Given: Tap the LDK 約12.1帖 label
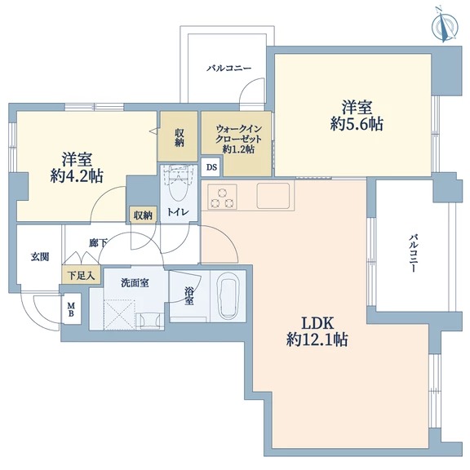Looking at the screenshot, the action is [x=317, y=331].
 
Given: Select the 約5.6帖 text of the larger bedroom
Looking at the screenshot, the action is [x=357, y=123].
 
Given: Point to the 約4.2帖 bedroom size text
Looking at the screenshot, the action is [x=77, y=176].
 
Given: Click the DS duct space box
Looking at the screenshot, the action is [x=212, y=167].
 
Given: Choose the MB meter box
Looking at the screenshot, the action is [x=71, y=309].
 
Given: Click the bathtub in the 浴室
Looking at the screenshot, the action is [x=228, y=296].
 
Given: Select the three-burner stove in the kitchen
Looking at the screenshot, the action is [x=222, y=197].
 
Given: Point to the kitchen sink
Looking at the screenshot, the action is [x=273, y=196].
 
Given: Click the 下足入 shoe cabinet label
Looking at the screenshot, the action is [x=81, y=276].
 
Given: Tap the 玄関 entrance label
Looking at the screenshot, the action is [x=40, y=257].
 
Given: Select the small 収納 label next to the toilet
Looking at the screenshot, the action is [x=143, y=215].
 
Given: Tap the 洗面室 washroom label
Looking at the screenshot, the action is [x=135, y=282].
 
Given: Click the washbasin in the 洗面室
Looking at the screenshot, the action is [x=150, y=321].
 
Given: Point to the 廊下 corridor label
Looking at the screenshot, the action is [x=98, y=242].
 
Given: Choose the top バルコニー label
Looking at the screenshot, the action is [x=228, y=69].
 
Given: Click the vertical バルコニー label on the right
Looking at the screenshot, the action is [x=414, y=253].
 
